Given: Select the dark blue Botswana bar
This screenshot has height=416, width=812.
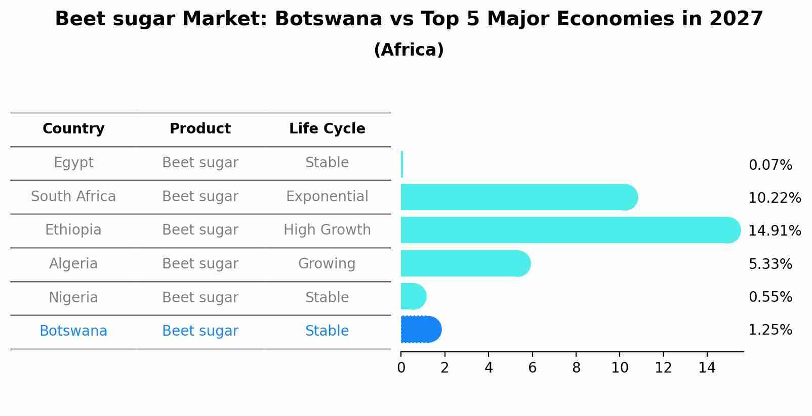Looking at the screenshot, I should [420, 330].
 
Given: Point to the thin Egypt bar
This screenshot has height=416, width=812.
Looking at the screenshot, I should [402, 164].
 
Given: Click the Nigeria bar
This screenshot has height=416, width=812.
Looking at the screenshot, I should [413, 296].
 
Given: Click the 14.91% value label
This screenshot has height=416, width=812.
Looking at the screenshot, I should [775, 231].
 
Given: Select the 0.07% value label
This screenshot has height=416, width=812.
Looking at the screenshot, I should [770, 165].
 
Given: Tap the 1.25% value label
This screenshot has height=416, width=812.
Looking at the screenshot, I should [770, 330].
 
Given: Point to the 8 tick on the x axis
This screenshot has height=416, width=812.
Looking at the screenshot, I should [576, 368].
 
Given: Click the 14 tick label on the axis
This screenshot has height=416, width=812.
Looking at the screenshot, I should [707, 368].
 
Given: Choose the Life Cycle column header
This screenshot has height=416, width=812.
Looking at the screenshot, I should [327, 129].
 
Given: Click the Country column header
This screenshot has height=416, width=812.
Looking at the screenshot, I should [73, 129].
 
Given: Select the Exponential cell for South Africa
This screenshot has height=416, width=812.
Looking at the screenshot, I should [327, 197].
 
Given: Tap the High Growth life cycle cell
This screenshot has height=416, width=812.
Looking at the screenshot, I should [327, 230].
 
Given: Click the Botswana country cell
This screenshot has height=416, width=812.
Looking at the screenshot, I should [73, 331].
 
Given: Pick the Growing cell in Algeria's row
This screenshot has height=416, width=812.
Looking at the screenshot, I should [327, 264].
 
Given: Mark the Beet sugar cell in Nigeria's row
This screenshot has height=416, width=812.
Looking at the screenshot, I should [200, 298].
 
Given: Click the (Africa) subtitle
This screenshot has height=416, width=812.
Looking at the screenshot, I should [409, 50].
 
